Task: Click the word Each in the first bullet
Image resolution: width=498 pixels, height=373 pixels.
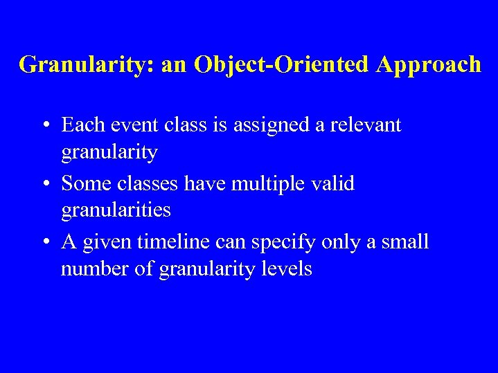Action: pos(80,125)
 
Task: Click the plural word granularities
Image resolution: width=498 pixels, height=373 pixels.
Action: pos(116,210)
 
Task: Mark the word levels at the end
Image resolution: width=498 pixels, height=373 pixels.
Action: pos(287,268)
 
